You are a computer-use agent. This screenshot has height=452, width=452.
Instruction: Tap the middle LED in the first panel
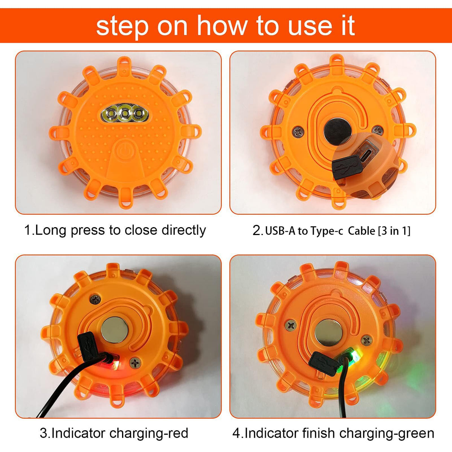[x=125, y=113]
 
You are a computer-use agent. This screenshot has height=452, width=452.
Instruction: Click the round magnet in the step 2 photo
[x=337, y=131]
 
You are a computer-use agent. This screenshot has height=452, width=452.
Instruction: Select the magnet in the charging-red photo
[x=115, y=330]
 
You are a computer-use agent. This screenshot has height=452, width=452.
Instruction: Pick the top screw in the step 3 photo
[x=95, y=299]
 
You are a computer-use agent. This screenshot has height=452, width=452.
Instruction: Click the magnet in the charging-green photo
[x=329, y=333]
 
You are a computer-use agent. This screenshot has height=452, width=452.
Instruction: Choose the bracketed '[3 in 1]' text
[x=394, y=231]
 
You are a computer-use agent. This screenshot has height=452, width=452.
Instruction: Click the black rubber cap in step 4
[x=323, y=364]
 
